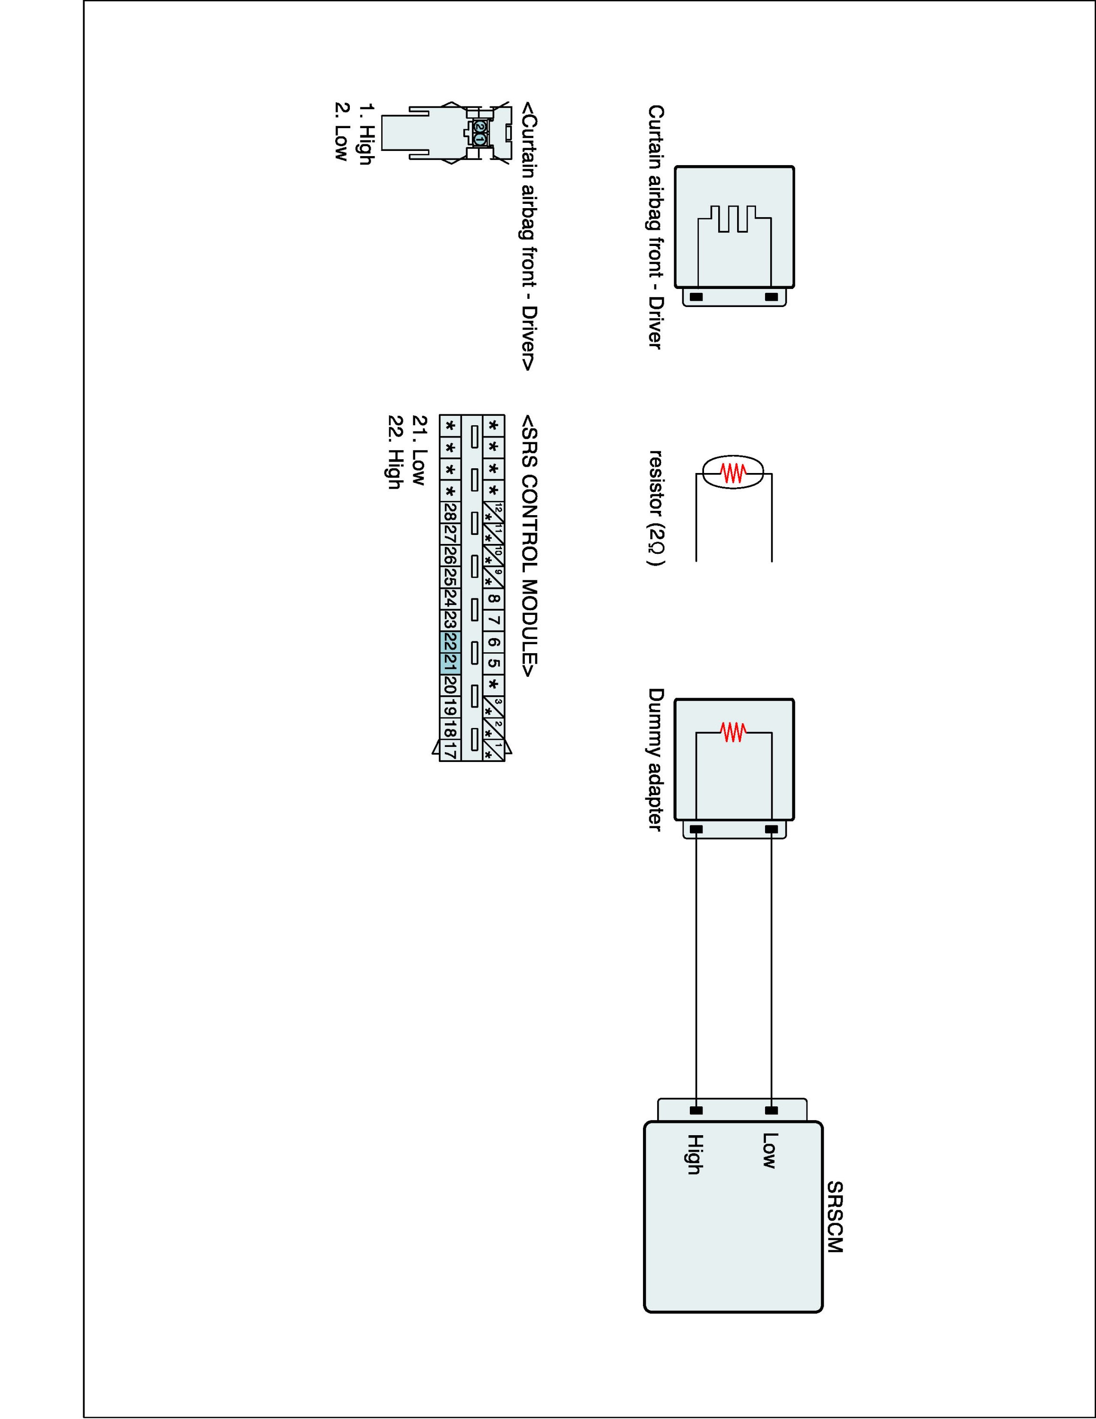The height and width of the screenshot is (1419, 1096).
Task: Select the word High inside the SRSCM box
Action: (x=695, y=1155)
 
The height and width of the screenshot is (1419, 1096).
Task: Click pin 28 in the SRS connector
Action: (x=450, y=513)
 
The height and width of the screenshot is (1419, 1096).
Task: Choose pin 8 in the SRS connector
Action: (x=494, y=599)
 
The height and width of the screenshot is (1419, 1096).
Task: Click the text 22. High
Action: (x=394, y=452)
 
